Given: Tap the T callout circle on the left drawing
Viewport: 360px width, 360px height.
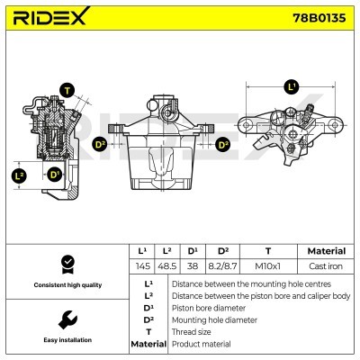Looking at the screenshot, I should (x=67, y=88).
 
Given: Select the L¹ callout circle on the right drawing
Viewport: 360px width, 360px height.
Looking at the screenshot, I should (x=291, y=86).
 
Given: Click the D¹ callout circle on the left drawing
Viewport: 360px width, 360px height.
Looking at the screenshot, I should (x=54, y=174).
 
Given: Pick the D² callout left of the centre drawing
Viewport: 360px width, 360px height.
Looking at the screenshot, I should (x=100, y=142).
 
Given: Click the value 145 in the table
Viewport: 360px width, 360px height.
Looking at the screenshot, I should (x=141, y=267).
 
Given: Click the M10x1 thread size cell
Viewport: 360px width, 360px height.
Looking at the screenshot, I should (x=266, y=267).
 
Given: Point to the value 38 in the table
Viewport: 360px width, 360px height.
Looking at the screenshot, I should (x=193, y=267).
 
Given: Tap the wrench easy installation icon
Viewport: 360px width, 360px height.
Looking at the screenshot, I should (x=67, y=319).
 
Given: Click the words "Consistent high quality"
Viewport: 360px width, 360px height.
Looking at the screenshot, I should (x=67, y=285).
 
